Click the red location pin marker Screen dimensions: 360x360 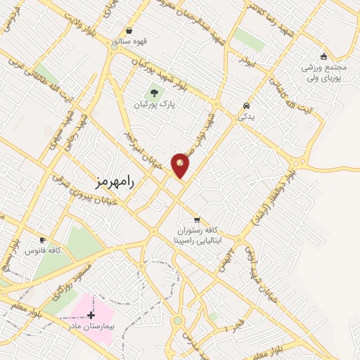click(x=180, y=165)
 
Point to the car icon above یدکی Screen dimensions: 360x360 click(x=245, y=106)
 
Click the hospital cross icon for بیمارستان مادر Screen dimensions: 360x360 click(x=91, y=315)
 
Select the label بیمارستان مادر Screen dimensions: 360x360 click(x=91, y=327)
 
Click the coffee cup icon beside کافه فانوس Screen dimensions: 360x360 click(x=43, y=240)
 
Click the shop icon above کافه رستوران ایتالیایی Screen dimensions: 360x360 click(x=197, y=219)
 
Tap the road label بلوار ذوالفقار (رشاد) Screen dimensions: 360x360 click(x=276, y=199)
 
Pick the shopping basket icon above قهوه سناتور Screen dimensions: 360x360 click(x=129, y=31)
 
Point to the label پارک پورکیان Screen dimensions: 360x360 click(x=154, y=105)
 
